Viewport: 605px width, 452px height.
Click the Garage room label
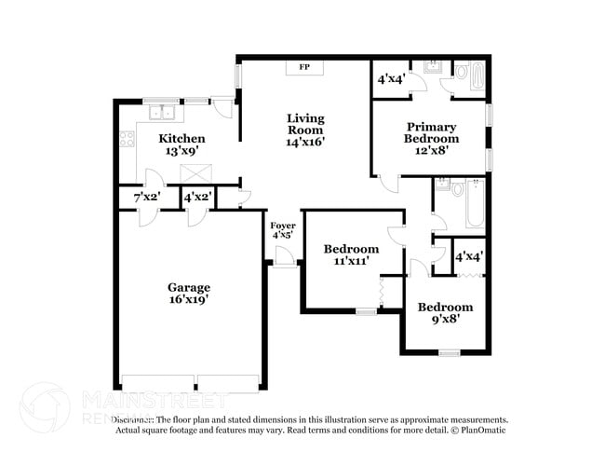(188, 287)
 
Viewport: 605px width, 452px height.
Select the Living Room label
(305, 124)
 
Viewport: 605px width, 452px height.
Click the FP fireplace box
(304, 67)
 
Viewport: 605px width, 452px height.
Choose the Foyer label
(283, 226)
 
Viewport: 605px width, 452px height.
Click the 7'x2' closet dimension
(146, 198)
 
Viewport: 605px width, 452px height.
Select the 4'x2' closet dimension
(197, 198)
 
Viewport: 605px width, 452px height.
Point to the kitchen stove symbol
(126, 143)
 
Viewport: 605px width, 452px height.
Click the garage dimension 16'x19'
(188, 299)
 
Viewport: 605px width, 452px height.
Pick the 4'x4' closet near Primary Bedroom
(389, 79)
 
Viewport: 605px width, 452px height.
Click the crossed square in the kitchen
(195, 172)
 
